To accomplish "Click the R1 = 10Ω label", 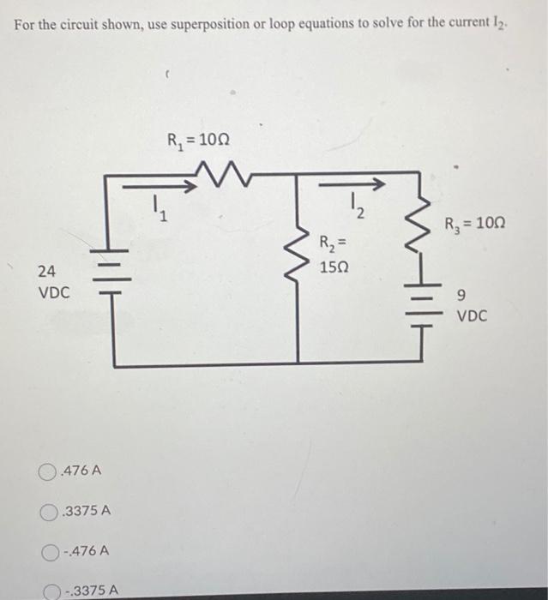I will point(198,141).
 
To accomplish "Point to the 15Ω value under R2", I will point(334,267).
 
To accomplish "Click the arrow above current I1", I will point(154,183).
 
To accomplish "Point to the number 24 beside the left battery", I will point(47,272).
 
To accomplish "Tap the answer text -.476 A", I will point(84,551).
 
